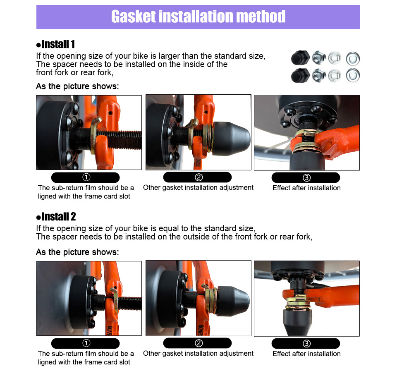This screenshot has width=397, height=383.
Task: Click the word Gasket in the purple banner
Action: click(x=134, y=17)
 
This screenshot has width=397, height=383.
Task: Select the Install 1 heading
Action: click(x=56, y=44)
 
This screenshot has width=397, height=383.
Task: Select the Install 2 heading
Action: click(x=56, y=217)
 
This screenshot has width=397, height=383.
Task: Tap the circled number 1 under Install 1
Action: click(x=86, y=177)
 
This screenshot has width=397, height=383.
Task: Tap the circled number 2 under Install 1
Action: click(x=198, y=177)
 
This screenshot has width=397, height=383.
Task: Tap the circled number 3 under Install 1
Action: click(x=306, y=177)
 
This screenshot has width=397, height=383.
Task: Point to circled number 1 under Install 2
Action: click(x=86, y=343)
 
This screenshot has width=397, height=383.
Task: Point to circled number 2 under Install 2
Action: click(x=198, y=343)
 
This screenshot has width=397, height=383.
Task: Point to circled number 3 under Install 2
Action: click(x=306, y=343)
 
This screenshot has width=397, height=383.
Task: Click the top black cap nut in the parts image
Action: click(x=300, y=58)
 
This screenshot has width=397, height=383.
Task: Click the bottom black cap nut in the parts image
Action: click(x=300, y=75)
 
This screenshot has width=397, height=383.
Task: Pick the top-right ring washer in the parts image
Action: click(x=353, y=59)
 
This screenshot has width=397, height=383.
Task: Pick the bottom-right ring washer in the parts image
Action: click(x=353, y=75)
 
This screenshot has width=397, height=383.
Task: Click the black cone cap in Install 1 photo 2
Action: click(x=231, y=139)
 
